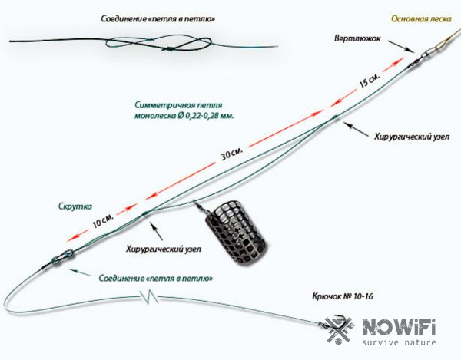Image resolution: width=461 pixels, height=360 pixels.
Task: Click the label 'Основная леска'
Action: point(420,18)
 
